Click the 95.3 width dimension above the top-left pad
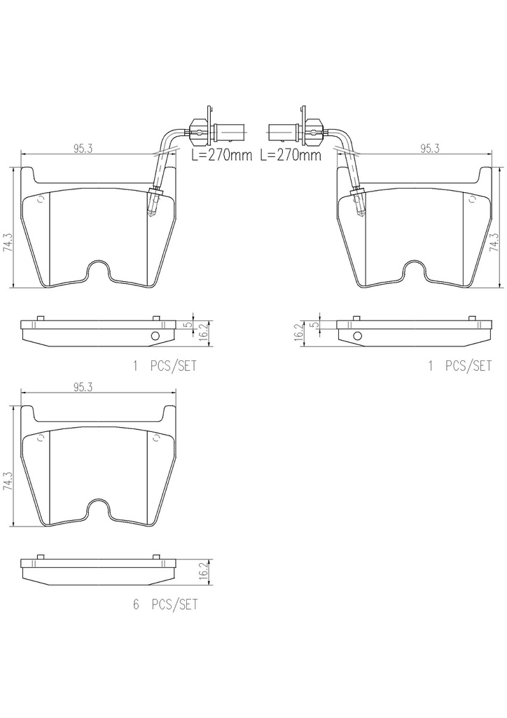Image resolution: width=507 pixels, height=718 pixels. [x=83, y=149]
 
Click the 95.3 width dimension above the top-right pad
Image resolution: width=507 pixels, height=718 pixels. [x=429, y=149]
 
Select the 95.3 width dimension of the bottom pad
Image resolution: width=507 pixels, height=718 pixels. [x=83, y=387]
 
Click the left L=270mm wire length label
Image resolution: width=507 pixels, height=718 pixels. [x=221, y=155]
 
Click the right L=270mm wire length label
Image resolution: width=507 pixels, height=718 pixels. [x=291, y=155]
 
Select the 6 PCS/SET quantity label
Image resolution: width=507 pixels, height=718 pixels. [x=165, y=604]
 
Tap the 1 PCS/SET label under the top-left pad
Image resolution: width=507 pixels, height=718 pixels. [x=165, y=366]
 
